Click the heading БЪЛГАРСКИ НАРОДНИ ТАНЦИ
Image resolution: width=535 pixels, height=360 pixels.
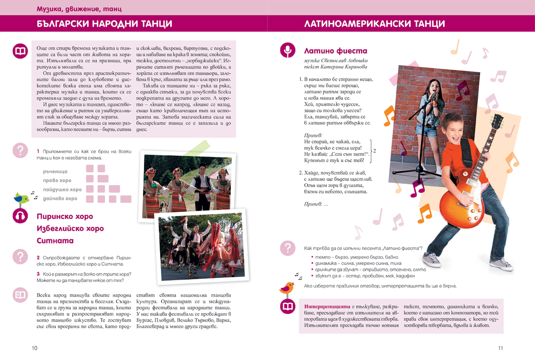pos(104,24)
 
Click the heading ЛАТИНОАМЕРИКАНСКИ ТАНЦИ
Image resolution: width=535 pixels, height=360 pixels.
pos(374,24)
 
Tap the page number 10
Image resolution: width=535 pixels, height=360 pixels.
pos(34,348)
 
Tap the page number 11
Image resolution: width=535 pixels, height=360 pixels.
pos(500,348)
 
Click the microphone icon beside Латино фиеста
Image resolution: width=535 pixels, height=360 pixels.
pos(288,50)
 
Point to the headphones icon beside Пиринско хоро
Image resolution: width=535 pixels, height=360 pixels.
pos(20,216)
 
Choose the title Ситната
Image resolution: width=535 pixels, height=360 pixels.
pos(55,241)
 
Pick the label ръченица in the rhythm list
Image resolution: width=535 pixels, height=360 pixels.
pos(55,171)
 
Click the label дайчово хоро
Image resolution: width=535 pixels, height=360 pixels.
pos(60,199)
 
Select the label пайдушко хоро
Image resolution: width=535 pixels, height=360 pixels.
pos(62,190)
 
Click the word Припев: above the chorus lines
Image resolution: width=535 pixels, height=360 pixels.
pos(313,134)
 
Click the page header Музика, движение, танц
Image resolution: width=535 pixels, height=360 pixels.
pos(79,9)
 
